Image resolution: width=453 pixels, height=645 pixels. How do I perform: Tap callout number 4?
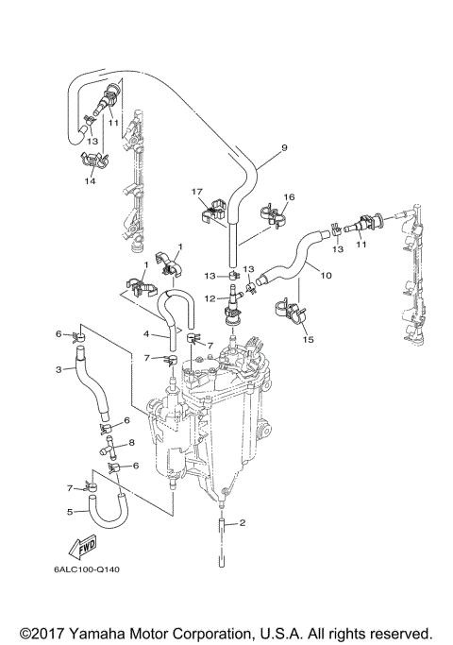[x=147, y=333]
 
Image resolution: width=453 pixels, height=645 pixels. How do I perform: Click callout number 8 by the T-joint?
[x=131, y=442]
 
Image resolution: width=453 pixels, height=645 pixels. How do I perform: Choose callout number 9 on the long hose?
[x=282, y=148]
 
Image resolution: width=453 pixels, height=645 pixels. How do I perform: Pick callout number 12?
[x=213, y=298]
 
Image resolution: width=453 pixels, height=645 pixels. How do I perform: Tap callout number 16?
[x=289, y=197]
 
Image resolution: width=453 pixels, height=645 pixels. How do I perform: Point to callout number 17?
[x=197, y=192]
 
